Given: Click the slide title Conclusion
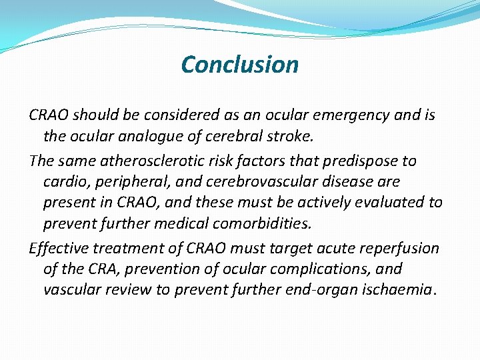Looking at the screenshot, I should click(x=239, y=65).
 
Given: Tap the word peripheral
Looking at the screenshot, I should click(x=127, y=182).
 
